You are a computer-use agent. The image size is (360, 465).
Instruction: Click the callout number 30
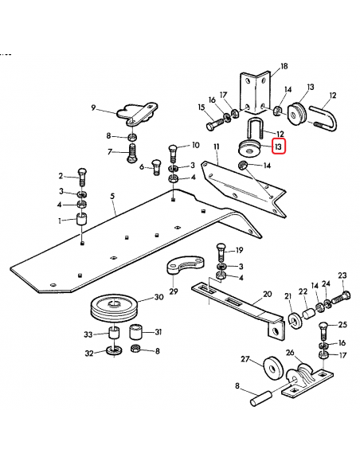point(158,297)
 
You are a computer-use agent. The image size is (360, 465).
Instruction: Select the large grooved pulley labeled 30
point(115,307)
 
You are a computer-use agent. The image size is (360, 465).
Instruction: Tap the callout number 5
point(112,195)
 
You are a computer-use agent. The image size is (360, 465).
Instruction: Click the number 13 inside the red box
point(278,146)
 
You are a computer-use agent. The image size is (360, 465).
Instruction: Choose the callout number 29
point(173,292)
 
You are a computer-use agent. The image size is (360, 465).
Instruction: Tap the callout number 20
point(267,293)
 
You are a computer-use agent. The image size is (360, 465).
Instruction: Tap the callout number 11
point(215,147)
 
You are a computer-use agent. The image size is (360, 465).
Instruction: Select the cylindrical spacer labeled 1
point(81,220)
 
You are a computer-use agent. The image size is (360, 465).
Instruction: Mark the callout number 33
point(91,333)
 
